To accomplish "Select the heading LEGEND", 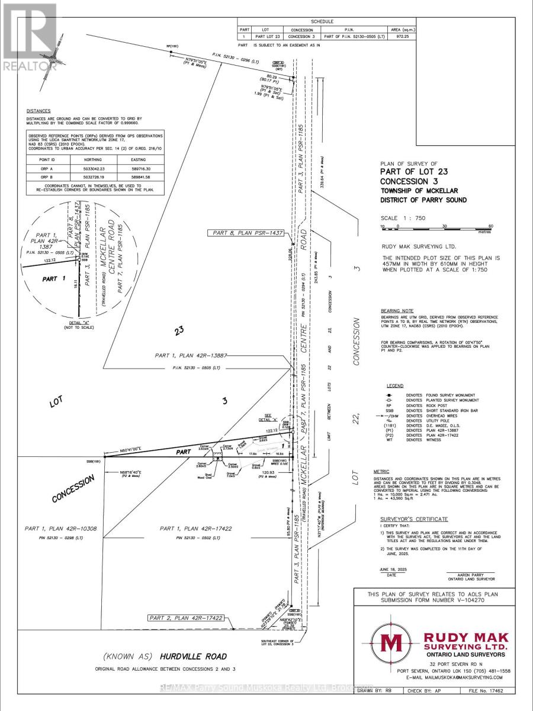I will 394,385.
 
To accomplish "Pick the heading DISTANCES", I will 38,111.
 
